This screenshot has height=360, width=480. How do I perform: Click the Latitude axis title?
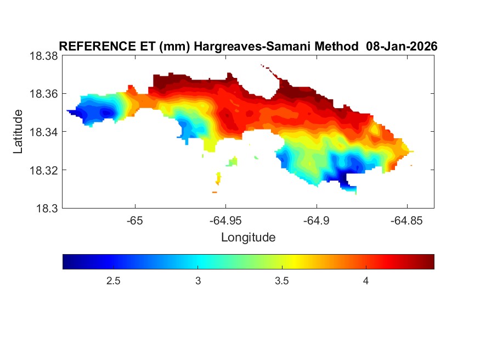18,132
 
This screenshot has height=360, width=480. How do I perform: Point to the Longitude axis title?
248,238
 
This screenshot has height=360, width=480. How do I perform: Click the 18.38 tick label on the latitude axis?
43,56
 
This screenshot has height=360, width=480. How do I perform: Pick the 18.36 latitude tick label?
43,94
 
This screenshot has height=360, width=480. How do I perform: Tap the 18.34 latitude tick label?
43,132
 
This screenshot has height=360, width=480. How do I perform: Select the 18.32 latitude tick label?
43,170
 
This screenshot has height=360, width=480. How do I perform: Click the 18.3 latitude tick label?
47,209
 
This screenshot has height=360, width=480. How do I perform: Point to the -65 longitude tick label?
135,221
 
